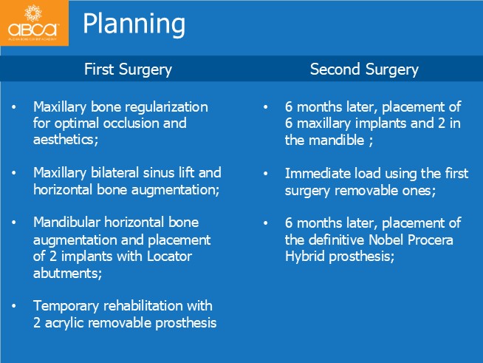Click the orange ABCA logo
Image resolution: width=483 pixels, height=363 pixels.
click(34, 23)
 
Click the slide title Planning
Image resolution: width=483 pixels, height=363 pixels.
click(134, 24)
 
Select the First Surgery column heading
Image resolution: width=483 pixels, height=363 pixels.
click(128, 69)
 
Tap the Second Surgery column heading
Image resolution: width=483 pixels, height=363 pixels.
click(364, 69)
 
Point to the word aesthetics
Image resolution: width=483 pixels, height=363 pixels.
click(65, 140)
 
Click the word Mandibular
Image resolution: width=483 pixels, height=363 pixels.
click(66, 223)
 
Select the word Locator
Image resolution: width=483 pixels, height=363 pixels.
click(169, 257)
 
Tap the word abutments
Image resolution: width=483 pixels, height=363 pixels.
click(67, 274)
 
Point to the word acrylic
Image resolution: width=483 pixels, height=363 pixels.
click(64, 324)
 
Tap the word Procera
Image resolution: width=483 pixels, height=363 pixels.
click(431, 240)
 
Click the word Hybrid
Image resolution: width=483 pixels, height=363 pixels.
click(305, 257)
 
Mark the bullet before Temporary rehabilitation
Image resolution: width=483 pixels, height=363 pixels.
click(14, 306)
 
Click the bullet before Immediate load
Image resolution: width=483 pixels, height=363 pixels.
click(266, 174)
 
